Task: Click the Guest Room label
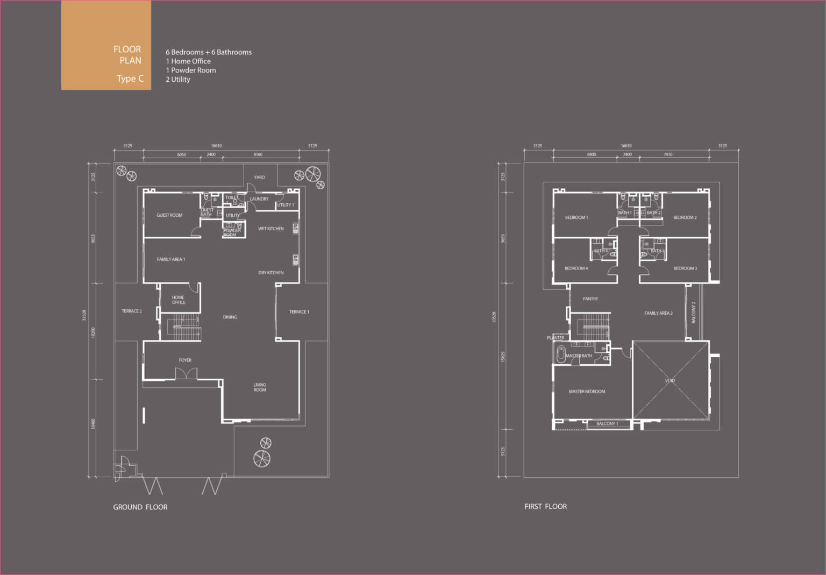pyautogui.click(x=169, y=215)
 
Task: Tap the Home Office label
pyautogui.click(x=179, y=300)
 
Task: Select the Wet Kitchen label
pyautogui.click(x=270, y=229)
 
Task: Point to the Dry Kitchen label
pyautogui.click(x=271, y=273)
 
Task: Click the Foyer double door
pyautogui.click(x=186, y=374)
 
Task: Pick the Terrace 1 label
pyautogui.click(x=299, y=312)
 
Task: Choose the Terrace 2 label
pyautogui.click(x=132, y=311)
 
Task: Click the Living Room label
pyautogui.click(x=260, y=387)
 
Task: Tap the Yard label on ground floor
pyautogui.click(x=259, y=177)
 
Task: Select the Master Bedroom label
pyautogui.click(x=587, y=392)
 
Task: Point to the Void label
pyautogui.click(x=670, y=381)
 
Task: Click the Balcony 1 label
pyautogui.click(x=607, y=424)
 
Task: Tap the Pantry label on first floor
pyautogui.click(x=590, y=299)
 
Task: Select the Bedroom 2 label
pyautogui.click(x=685, y=217)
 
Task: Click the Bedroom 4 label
pyautogui.click(x=576, y=268)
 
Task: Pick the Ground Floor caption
pyautogui.click(x=140, y=507)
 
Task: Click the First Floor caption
pyautogui.click(x=545, y=507)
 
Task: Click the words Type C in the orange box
pyautogui.click(x=130, y=79)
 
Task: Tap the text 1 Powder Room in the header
pyautogui.click(x=191, y=70)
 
